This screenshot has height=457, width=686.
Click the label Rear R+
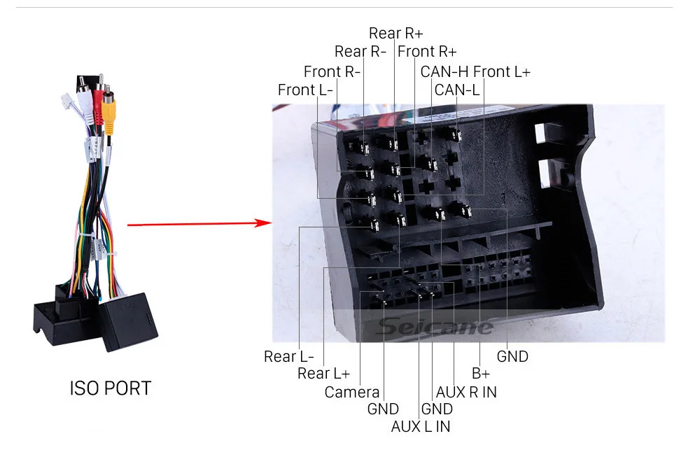[395, 33]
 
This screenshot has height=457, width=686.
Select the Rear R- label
[360, 51]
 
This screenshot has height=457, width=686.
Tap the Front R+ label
[427, 51]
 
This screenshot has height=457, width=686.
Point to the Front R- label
[332, 71]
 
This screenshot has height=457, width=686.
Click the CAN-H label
[444, 71]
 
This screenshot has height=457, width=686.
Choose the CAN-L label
[456, 90]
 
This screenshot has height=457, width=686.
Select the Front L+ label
[502, 71]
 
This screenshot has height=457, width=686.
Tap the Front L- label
[305, 90]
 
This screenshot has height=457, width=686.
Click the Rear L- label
[289, 356]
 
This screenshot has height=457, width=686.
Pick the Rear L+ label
[323, 374]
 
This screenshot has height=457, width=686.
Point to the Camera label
[351, 392]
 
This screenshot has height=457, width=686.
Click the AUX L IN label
[421, 426]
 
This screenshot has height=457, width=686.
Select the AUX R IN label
[466, 392]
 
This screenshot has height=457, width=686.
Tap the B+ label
[480, 374]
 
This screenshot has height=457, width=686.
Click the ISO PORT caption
[110, 388]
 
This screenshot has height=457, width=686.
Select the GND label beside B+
[512, 356]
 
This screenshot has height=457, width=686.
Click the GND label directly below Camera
[383, 409]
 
